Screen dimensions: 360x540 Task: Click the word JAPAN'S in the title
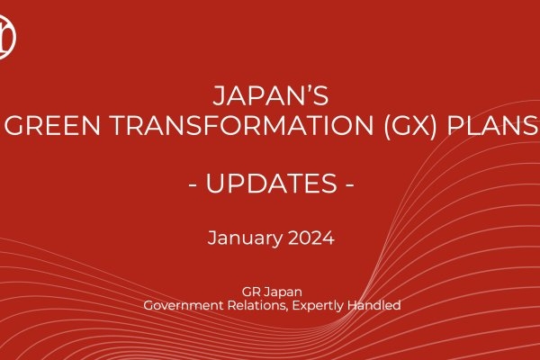point(270,93)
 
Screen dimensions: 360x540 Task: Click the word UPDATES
point(270,184)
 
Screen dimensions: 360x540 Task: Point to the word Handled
point(377,306)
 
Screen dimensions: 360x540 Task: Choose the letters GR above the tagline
point(250,292)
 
